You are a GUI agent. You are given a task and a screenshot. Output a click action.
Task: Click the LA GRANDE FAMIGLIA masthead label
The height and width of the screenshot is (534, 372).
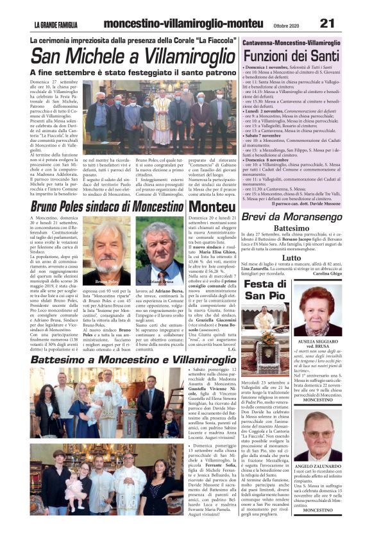click(56, 24)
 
